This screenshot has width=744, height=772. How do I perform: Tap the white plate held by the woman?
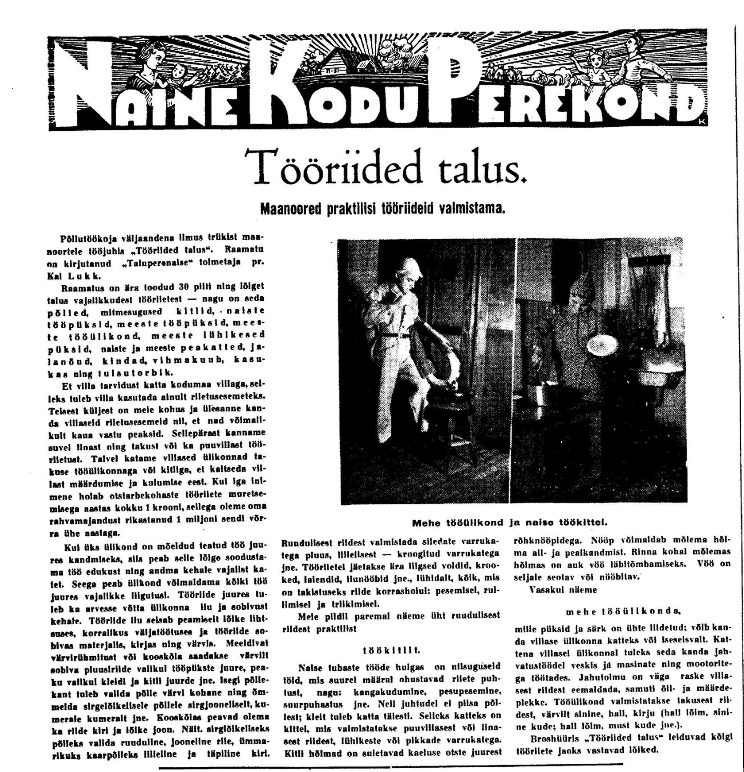click(601, 345)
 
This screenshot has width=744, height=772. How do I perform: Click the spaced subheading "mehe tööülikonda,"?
click(623, 611)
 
